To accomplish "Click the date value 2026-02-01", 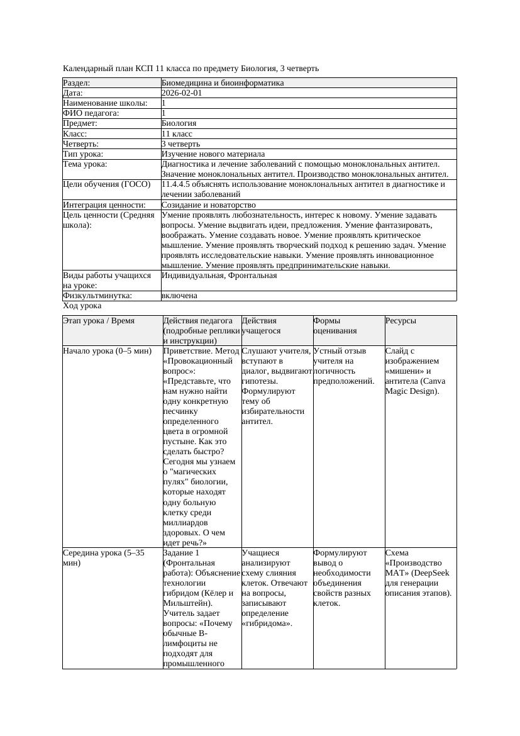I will [182, 93].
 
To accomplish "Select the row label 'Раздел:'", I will [77, 83].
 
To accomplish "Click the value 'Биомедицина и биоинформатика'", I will [223, 83].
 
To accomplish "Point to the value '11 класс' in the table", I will [177, 134].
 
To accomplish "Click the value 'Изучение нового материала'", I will [213, 154].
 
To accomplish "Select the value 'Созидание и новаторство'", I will [209, 205].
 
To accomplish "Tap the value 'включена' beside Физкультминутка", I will [179, 296].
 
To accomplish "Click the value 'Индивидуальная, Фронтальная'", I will [219, 276].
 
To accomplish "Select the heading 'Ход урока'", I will [82, 306].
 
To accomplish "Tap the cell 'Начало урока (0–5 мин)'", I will [108, 351].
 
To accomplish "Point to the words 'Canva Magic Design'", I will [412, 386].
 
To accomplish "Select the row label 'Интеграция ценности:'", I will [104, 205].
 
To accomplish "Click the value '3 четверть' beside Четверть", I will [180, 144].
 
